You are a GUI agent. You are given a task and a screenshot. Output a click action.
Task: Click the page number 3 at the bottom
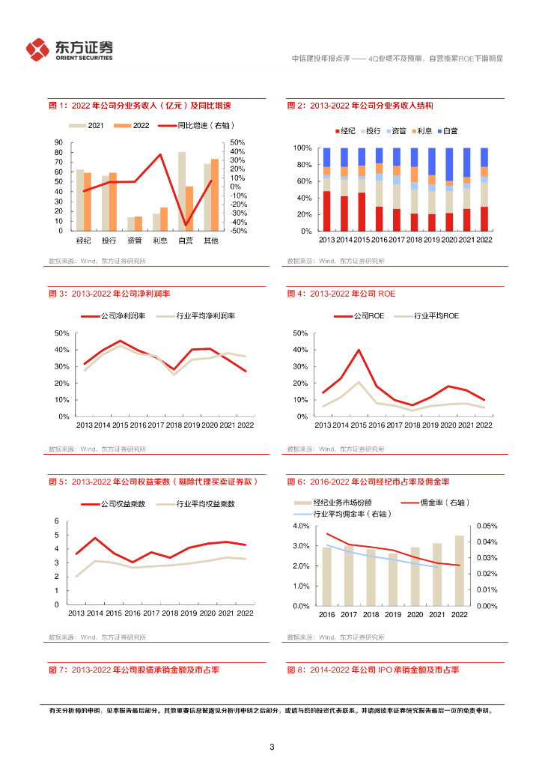pos(272,747)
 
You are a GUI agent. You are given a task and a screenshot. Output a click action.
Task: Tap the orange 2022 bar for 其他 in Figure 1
pos(215,195)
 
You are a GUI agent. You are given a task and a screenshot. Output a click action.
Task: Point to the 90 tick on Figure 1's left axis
pos(58,142)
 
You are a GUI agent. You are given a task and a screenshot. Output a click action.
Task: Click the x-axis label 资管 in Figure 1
pos(134,240)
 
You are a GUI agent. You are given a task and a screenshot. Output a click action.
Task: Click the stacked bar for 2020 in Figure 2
pos(449,190)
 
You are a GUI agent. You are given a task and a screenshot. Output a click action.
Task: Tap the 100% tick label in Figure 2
pos(302,148)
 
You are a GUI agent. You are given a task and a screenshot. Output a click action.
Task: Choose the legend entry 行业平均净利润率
pos(199,316)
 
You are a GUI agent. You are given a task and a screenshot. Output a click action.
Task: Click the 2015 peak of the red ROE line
pos(359,350)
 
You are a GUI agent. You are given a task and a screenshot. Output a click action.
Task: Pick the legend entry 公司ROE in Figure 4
pos(363,316)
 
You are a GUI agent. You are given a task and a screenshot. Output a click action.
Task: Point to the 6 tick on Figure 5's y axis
pos(57,521)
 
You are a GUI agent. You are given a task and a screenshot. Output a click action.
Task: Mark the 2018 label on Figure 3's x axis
pos(174,425)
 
